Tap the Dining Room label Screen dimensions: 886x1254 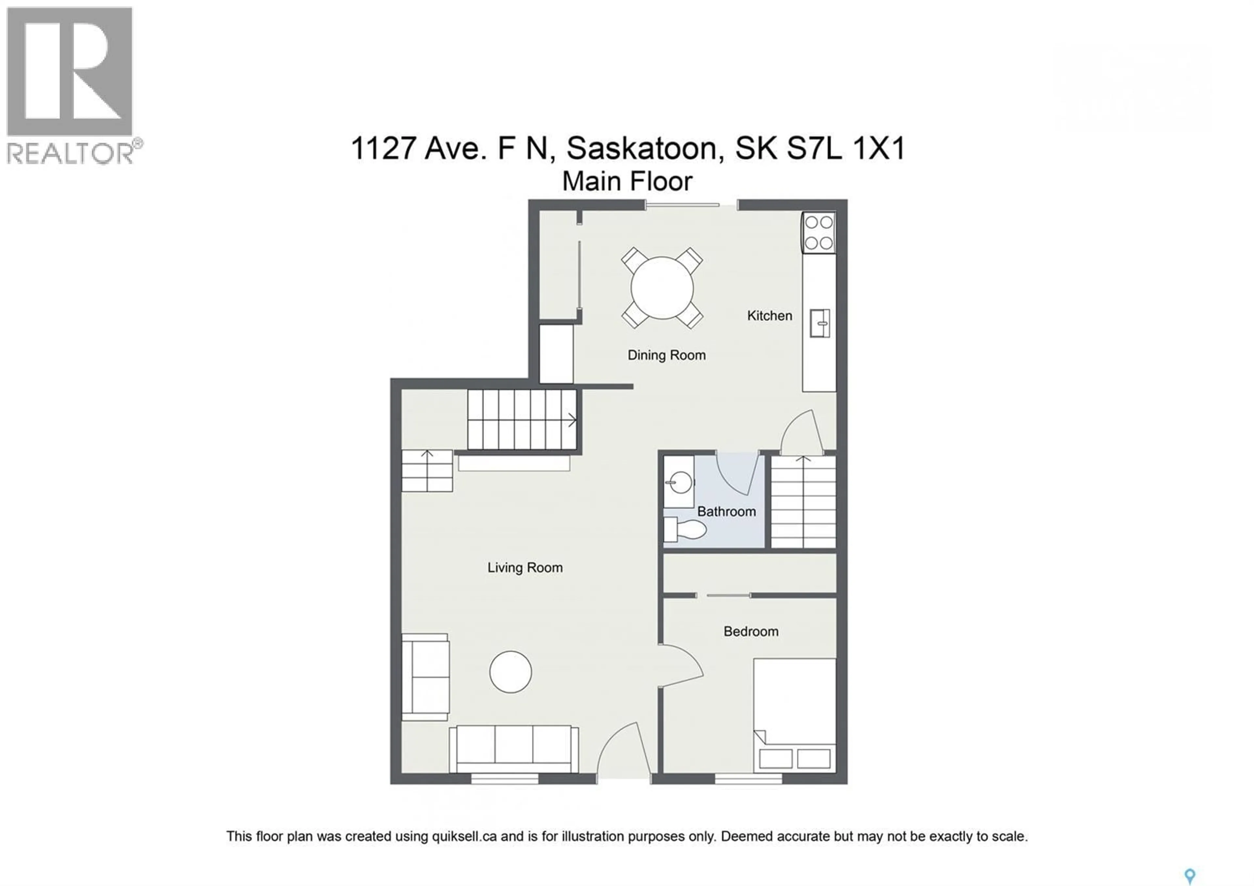666,355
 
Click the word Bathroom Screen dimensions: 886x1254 726,512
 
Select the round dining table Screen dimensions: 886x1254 662,288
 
